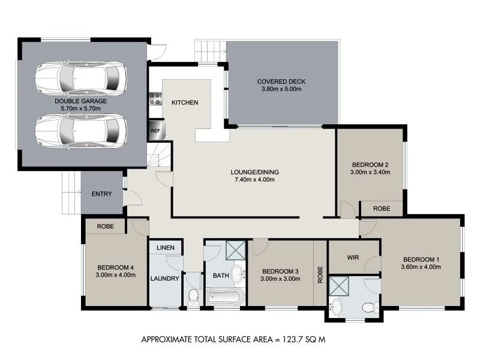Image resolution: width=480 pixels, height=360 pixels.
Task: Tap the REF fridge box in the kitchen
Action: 155,130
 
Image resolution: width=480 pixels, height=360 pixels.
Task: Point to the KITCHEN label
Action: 184,103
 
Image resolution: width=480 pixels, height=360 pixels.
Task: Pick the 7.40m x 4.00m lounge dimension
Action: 254,179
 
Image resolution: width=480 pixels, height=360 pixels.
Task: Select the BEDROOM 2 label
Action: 370,164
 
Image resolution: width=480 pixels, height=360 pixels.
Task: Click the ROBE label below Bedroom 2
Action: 382,209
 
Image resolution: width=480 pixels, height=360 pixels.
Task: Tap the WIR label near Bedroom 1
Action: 353,257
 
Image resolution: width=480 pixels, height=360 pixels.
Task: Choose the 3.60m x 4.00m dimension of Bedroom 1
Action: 421,267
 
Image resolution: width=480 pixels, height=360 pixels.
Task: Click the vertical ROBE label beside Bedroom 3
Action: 320,274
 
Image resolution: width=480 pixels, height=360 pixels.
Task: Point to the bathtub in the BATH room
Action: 225,296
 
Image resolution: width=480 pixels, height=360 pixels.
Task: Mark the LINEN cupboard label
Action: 165,248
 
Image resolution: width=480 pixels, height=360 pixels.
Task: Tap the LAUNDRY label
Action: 165,278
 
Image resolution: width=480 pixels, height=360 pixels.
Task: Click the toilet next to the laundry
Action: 193,295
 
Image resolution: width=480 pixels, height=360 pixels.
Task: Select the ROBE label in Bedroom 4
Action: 104,227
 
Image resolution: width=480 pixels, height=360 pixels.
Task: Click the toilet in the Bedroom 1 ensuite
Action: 369,307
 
